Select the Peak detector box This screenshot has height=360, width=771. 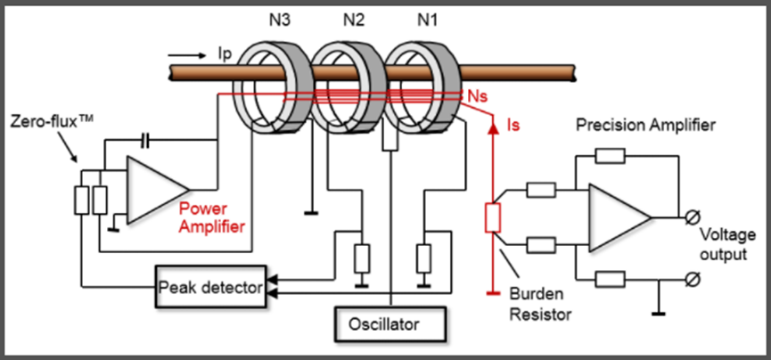point(211,287)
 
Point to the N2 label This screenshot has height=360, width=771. point(354,20)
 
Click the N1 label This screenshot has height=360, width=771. point(426,20)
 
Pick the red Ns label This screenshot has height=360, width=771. point(478,97)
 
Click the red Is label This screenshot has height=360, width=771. point(513,126)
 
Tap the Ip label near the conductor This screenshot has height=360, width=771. point(225,54)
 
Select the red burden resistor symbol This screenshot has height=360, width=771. point(493,217)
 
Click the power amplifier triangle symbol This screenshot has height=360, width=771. point(158,190)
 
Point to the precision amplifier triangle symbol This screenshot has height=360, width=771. point(620,217)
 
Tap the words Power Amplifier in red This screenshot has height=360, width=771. point(211,217)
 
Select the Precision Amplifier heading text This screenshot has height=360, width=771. point(645,126)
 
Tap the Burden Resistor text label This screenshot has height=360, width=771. point(540,303)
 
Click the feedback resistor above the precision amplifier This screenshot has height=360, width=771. point(610,156)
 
